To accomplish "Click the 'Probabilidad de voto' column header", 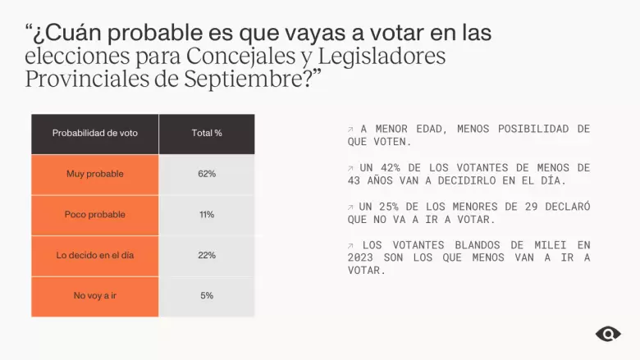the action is click(x=94, y=133).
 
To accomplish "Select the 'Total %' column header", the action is click(x=207, y=133).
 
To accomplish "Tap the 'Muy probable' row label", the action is click(x=94, y=174).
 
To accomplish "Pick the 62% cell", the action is click(x=207, y=174).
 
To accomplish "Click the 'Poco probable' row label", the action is click(x=94, y=215).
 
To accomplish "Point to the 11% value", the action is click(x=207, y=215).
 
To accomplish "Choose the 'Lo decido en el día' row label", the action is click(x=94, y=255).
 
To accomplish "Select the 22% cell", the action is click(x=207, y=255).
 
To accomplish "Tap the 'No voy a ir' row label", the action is click(x=94, y=295).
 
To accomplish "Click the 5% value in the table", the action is click(x=207, y=295).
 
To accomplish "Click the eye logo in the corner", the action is click(x=608, y=335).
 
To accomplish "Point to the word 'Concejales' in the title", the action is click(x=240, y=56).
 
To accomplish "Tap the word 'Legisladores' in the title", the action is click(x=382, y=57).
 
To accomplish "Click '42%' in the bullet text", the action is click(x=391, y=167).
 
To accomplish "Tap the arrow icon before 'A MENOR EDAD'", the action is click(x=350, y=130).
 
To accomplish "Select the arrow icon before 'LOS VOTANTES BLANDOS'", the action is click(x=350, y=245).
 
